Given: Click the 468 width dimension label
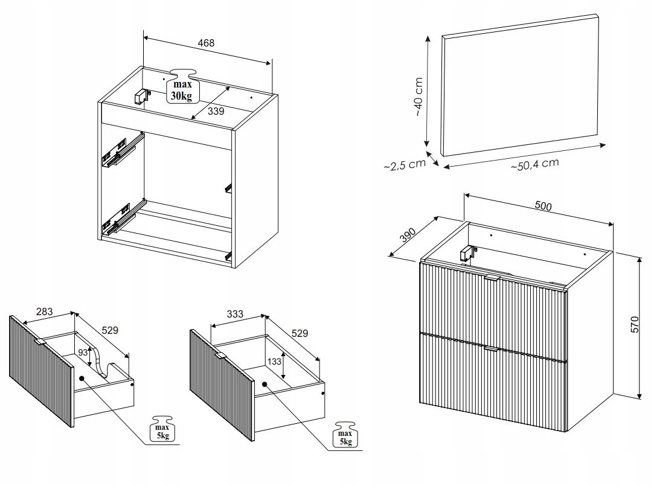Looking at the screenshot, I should [206, 43].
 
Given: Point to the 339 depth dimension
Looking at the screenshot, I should [216, 110].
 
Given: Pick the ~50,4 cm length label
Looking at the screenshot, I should [534, 164].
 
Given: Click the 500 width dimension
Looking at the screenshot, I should [544, 206].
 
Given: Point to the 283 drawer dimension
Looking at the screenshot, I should [45, 312].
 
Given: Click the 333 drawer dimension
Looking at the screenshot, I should [235, 314].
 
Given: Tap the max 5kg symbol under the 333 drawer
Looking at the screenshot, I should [345, 436].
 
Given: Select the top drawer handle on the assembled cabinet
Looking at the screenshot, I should [492, 278].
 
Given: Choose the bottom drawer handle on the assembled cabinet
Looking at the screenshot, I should [492, 349].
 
